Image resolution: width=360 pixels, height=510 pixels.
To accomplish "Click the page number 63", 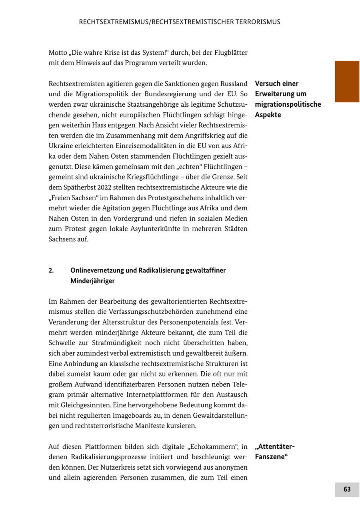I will tap(347, 489).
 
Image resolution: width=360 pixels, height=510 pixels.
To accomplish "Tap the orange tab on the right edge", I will tap(347, 82).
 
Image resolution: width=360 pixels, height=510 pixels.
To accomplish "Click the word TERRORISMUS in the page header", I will tap(254, 22).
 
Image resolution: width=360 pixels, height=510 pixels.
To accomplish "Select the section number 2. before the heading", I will tap(51, 271).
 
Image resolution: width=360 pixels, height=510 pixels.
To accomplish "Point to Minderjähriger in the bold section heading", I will tap(92, 281).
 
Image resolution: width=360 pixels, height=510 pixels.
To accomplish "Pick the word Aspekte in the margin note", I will tap(268, 115).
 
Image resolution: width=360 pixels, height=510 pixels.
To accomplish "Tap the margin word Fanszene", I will tap(271, 457).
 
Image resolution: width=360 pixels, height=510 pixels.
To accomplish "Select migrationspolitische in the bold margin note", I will tap(288, 105).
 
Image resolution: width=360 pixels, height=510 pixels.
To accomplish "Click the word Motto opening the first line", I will tap(58, 53).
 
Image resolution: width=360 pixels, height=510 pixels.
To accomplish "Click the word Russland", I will tap(234, 84).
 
